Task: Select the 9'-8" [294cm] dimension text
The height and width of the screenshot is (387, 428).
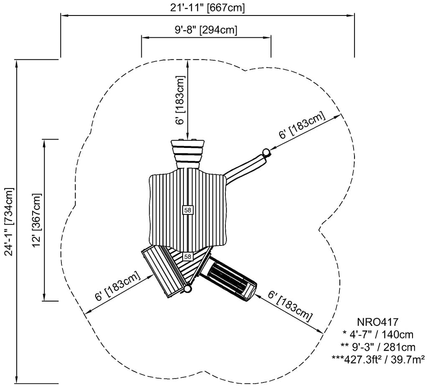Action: click(206, 30)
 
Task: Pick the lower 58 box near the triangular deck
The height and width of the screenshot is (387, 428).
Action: click(188, 256)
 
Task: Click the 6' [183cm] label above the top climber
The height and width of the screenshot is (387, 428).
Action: click(180, 100)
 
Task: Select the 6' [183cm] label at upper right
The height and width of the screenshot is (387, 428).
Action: click(302, 125)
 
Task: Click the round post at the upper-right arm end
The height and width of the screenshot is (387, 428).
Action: click(265, 152)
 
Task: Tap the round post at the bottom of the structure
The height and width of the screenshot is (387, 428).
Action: click(188, 289)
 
